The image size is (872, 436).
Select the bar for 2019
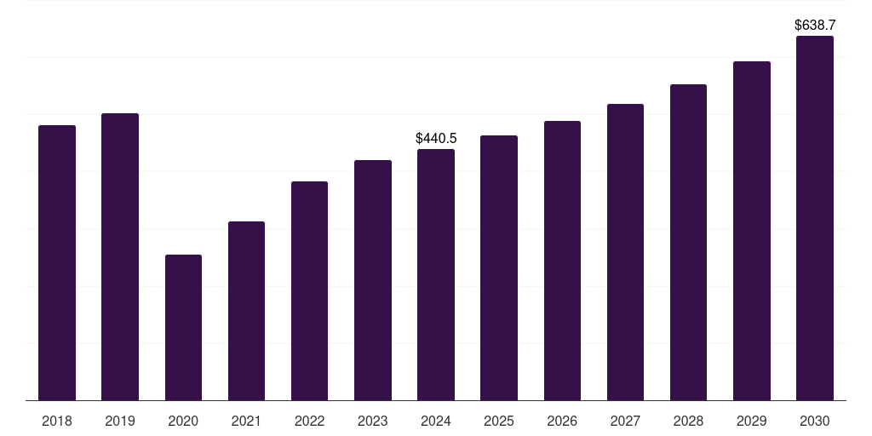pyautogui.click(x=120, y=256)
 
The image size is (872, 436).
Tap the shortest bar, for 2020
pyautogui.click(x=183, y=327)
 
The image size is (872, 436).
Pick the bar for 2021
pyautogui.click(x=246, y=311)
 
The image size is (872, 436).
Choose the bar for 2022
pyautogui.click(x=309, y=290)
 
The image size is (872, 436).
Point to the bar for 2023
pyautogui.click(x=373, y=280)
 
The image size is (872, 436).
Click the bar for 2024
pyautogui.click(x=436, y=274)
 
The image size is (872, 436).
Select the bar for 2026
pyautogui.click(x=562, y=261)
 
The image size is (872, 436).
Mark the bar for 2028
pyautogui.click(x=688, y=242)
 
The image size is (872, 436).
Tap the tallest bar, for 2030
pyautogui.click(x=815, y=218)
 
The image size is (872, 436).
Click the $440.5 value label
pyautogui.click(x=436, y=138)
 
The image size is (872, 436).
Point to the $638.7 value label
pyautogui.click(x=815, y=26)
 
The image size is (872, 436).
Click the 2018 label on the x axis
pyautogui.click(x=57, y=421)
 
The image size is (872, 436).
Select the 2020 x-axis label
pyautogui.click(x=183, y=421)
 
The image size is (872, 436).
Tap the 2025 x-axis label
pyautogui.click(x=499, y=421)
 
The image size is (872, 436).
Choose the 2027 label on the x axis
pyautogui.click(x=625, y=421)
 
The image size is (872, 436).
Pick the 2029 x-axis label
pyautogui.click(x=751, y=421)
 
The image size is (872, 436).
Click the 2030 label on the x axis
pyautogui.click(x=815, y=421)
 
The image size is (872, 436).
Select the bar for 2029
pyautogui.click(x=751, y=231)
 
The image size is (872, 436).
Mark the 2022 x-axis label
pyautogui.click(x=309, y=421)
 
